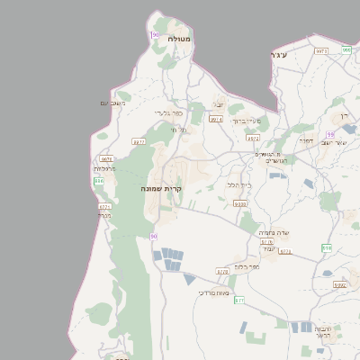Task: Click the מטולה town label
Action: pos(178,39)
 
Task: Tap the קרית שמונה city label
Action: pos(162,189)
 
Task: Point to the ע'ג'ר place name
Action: pos(278,56)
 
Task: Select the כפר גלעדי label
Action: pos(168,112)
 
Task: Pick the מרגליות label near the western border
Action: pos(104,168)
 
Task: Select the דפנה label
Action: pos(306,139)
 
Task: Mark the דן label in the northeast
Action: pos(343,117)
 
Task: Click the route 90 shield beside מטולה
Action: pos(155,34)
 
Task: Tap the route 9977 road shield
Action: pos(321,51)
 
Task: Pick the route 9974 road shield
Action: pos(216,119)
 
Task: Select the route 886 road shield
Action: pos(99,181)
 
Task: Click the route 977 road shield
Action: pos(139,141)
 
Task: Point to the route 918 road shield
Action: pos(326,247)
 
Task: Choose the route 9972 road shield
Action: pos(254,139)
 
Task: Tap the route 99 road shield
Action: pos(331,134)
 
